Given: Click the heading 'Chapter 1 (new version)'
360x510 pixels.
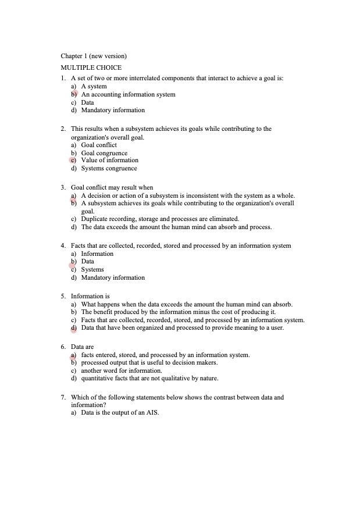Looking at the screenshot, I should (x=94, y=56).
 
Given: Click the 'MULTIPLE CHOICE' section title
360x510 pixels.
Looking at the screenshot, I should (x=91, y=67).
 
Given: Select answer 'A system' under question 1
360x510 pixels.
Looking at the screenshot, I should (x=94, y=86).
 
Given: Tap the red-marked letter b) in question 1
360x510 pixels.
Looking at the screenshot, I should (x=74, y=94).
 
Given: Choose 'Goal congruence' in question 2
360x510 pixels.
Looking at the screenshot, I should (x=104, y=153).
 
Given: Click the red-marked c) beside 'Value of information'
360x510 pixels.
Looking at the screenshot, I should (x=73, y=160).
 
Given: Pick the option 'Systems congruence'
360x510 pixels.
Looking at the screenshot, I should (x=109, y=169).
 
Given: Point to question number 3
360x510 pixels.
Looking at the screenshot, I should (x=63, y=187).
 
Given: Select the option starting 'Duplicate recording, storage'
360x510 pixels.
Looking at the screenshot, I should (x=160, y=219).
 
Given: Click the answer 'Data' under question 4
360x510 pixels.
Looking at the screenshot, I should (x=87, y=262).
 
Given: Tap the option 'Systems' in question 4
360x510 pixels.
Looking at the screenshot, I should (x=92, y=270).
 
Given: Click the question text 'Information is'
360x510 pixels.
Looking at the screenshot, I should (x=90, y=296).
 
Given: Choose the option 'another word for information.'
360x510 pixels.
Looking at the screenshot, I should (x=121, y=370).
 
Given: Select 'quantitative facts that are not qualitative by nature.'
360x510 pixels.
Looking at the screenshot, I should (x=149, y=379).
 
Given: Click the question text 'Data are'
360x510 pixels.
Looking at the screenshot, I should (x=82, y=347).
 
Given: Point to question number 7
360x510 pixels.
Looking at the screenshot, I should (x=63, y=397).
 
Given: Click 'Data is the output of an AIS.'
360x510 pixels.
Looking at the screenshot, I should (x=120, y=413).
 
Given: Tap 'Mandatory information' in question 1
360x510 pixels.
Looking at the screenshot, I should (x=113, y=110).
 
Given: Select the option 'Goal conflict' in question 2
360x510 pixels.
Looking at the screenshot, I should (x=99, y=145).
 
